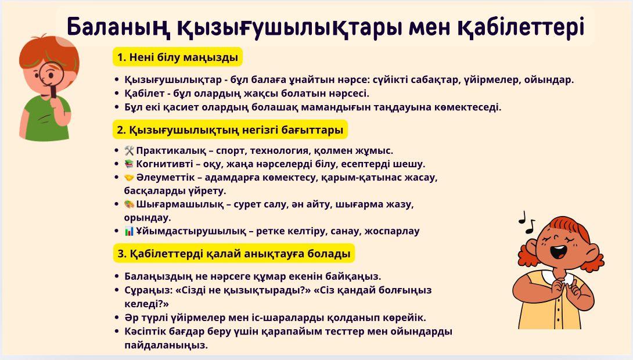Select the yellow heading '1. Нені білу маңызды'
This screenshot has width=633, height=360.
(177, 57)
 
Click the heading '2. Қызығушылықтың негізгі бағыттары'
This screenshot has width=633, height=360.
(230, 129)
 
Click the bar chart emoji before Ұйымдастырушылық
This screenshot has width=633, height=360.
(129, 231)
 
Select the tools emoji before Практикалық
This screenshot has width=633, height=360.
(129, 150)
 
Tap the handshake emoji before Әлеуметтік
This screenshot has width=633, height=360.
(129, 177)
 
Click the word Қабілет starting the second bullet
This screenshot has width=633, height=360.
(143, 93)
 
